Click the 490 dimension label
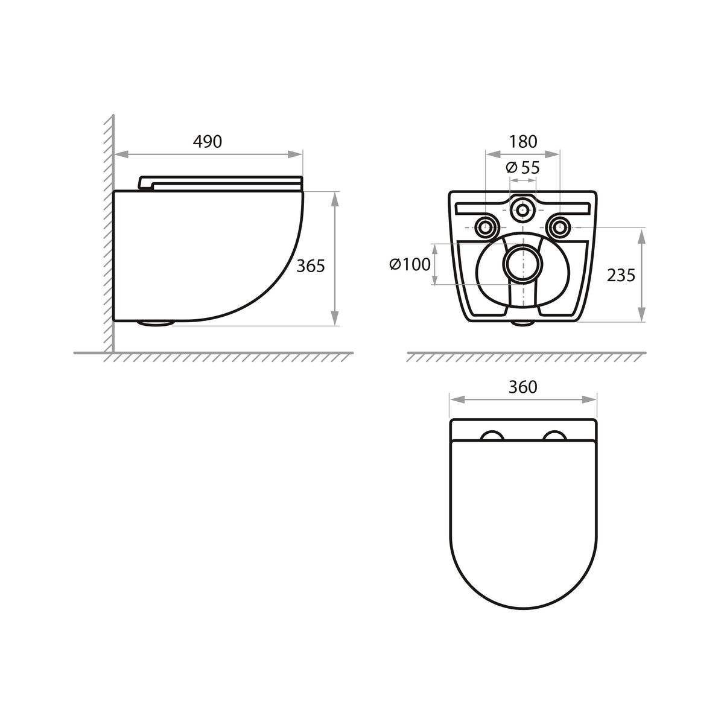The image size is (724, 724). click(x=208, y=141)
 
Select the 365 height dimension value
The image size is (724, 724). click(x=310, y=266)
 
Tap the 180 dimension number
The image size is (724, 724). click(x=523, y=142)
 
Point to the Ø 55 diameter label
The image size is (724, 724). click(x=522, y=167)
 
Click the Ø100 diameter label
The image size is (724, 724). click(x=410, y=264)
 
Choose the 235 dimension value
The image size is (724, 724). click(x=621, y=275)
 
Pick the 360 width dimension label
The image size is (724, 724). click(x=523, y=387)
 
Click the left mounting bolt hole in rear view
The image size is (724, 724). click(x=486, y=227)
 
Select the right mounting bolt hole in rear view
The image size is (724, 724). click(x=560, y=227)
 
